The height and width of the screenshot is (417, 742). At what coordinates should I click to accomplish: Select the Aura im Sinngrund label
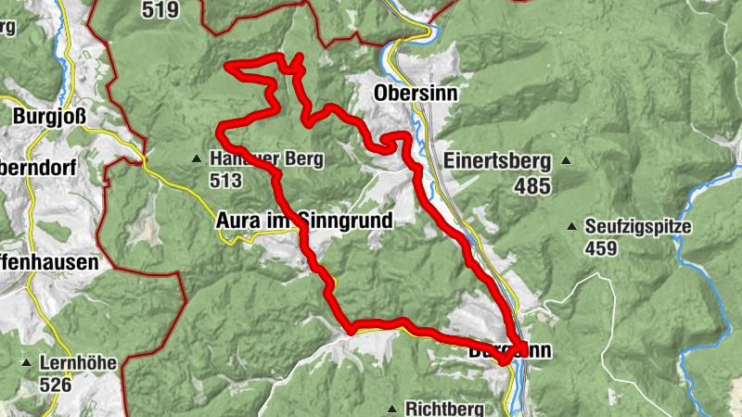coord(304,221)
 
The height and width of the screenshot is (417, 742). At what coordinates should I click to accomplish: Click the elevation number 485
coord(533,185)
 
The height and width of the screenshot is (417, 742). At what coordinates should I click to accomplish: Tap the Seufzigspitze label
coord(638,225)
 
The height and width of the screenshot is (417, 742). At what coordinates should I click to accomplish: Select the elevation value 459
coord(600,248)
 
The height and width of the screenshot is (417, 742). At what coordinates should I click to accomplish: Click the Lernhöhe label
coord(78,362)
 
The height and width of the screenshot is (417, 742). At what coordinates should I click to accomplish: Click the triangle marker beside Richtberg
coord(393,409)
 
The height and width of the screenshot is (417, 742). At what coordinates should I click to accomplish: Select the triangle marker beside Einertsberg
coord(566,160)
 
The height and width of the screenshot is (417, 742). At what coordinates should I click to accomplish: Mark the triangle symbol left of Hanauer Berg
coord(197,159)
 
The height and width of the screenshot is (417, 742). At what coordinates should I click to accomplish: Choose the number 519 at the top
coord(160,9)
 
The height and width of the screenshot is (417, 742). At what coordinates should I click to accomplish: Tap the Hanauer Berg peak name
coord(267,159)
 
